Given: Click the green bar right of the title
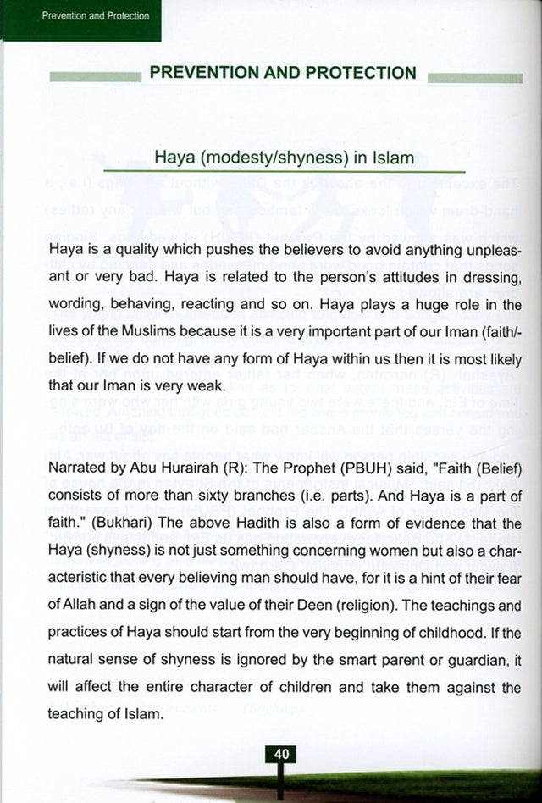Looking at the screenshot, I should coord(475,77).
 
